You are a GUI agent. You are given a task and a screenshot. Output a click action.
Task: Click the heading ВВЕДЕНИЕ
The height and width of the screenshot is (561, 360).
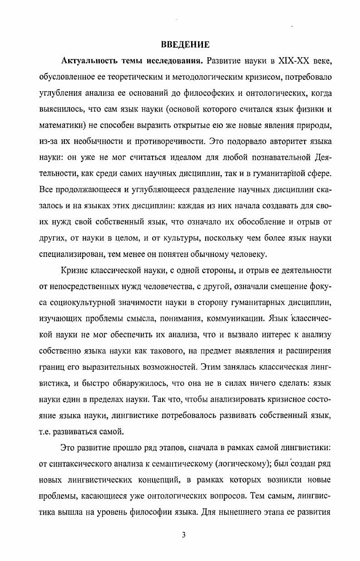[185, 44]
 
